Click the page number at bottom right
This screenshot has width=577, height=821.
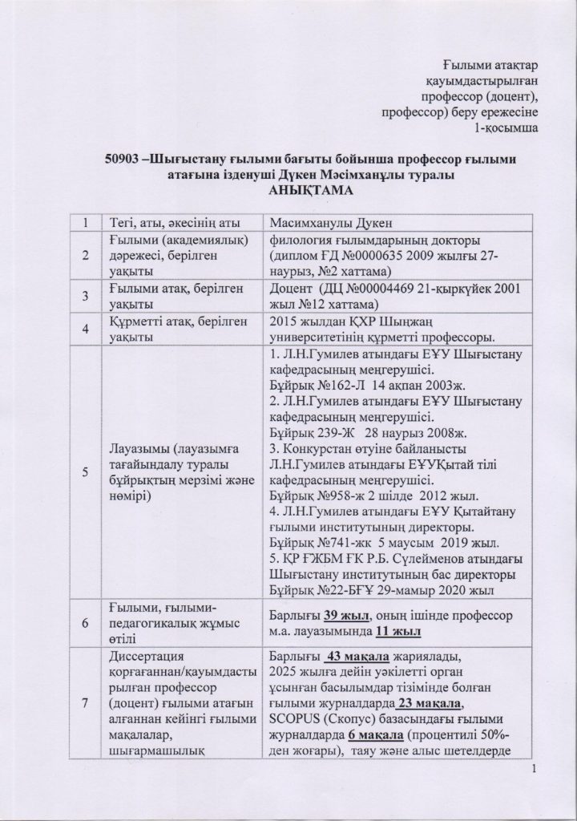click(531, 792)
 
